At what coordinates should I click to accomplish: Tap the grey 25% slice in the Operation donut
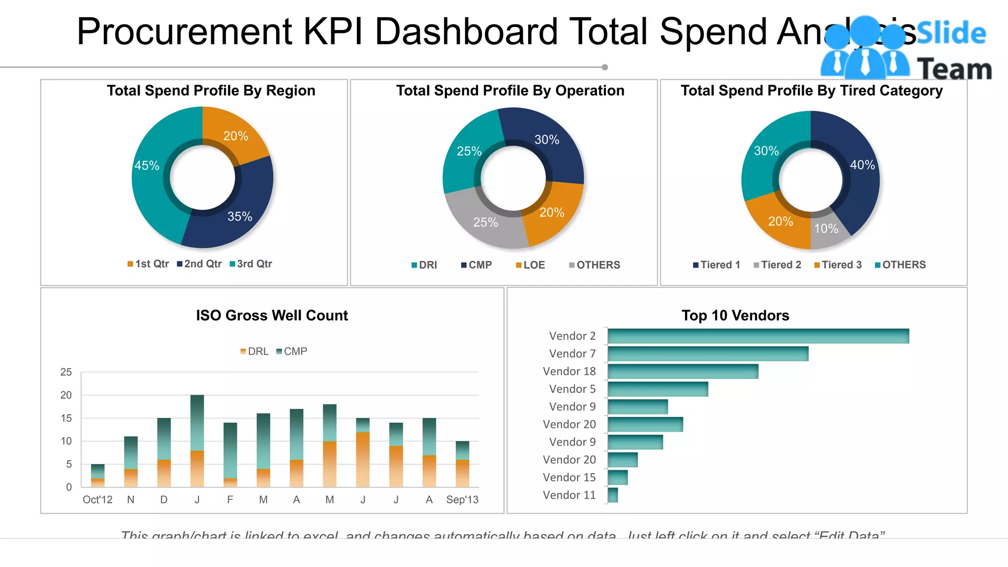pyautogui.click(x=485, y=221)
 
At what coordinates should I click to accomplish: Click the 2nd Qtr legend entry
pyautogui.click(x=199, y=264)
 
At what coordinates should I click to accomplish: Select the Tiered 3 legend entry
pyautogui.click(x=838, y=265)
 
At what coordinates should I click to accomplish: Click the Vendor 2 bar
pyautogui.click(x=758, y=336)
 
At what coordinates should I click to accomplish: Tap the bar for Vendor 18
pyautogui.click(x=683, y=372)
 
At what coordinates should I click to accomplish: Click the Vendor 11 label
pyautogui.click(x=569, y=495)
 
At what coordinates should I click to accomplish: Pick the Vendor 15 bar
pyautogui.click(x=618, y=477)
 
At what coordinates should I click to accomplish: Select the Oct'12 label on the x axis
pyautogui.click(x=97, y=500)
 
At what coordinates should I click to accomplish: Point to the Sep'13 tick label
pyautogui.click(x=462, y=500)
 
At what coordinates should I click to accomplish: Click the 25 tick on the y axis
pyautogui.click(x=66, y=372)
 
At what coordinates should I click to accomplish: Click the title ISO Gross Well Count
pyautogui.click(x=272, y=315)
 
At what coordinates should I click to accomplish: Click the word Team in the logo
pyautogui.click(x=954, y=69)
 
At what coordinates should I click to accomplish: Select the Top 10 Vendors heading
pyautogui.click(x=735, y=315)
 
